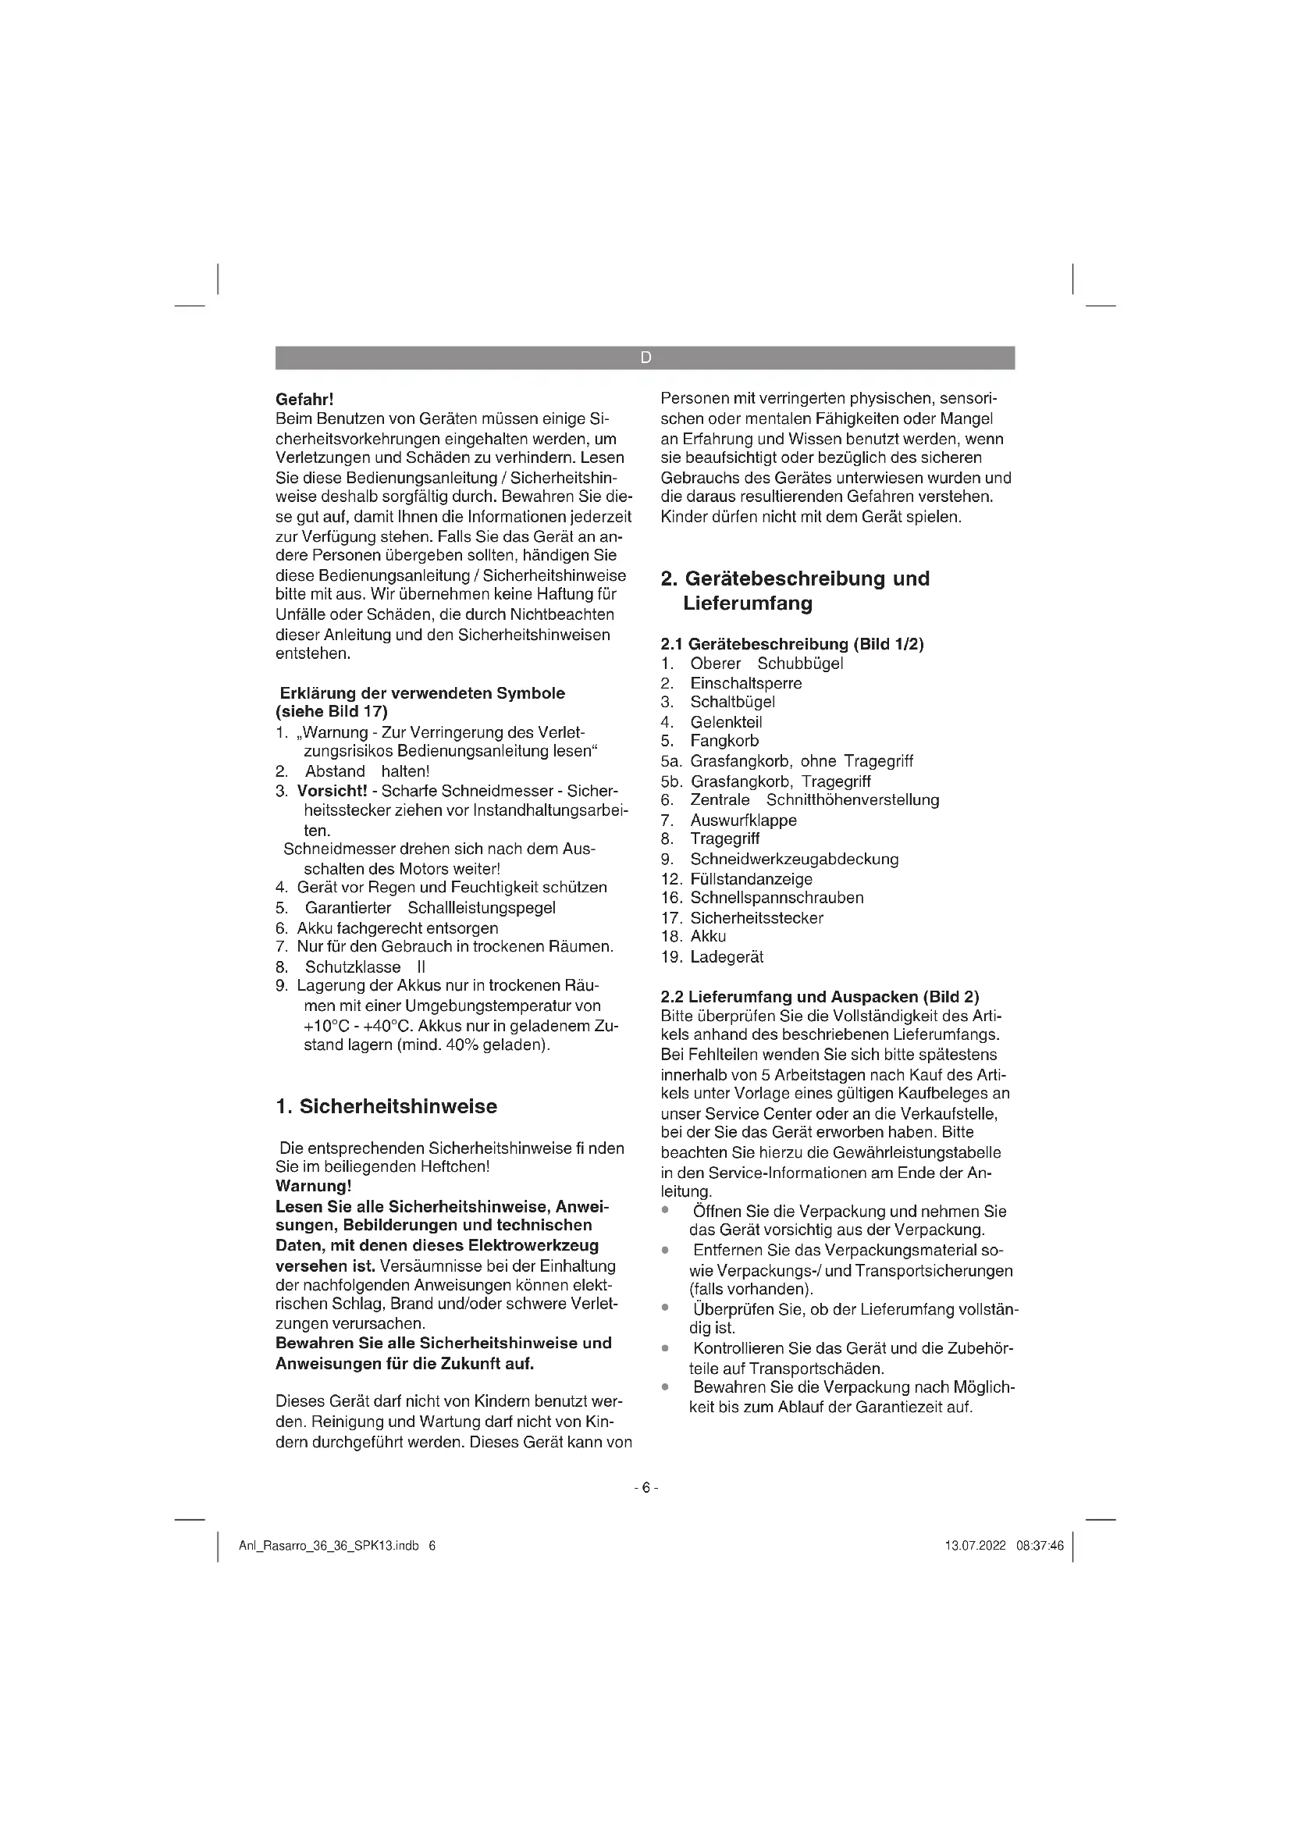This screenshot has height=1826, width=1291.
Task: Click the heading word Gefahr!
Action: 304,398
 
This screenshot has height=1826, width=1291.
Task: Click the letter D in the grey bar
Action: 645,358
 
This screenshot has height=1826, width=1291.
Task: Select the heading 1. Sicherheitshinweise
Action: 386,1106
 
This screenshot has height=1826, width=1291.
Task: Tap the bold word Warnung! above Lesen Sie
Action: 313,1186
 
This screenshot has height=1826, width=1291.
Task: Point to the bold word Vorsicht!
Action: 332,791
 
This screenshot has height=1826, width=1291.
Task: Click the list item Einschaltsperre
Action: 745,683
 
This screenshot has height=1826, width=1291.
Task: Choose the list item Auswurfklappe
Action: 743,820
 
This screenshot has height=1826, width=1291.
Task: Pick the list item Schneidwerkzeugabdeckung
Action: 794,859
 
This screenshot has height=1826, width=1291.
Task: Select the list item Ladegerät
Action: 727,957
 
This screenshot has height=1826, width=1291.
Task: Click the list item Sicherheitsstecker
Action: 757,918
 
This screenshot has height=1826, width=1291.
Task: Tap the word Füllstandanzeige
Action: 751,879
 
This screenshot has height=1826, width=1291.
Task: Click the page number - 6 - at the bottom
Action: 645,1487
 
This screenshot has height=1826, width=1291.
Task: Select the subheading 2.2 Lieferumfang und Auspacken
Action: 820,996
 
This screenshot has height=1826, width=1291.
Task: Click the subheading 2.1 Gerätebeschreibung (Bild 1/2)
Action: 791,644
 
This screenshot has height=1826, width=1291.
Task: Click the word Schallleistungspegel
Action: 481,907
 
